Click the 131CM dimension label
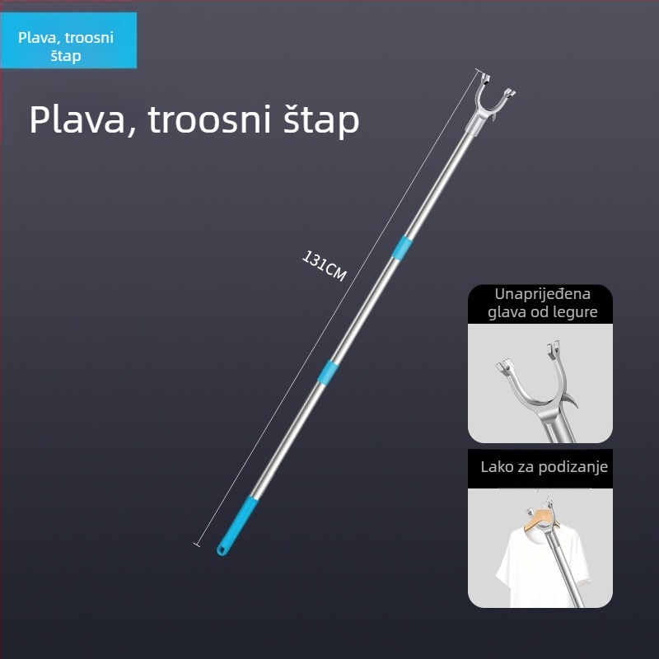(x=324, y=266)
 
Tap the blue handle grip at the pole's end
(x=237, y=526)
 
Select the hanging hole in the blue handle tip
(x=221, y=549)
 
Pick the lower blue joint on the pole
(x=328, y=372)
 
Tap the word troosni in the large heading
(x=209, y=119)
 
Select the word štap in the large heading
(x=321, y=121)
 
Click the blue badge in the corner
(x=68, y=40)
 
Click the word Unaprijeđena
(x=542, y=294)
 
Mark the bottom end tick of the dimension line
(x=197, y=544)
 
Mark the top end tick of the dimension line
(x=478, y=70)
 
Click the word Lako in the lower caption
(x=494, y=467)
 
